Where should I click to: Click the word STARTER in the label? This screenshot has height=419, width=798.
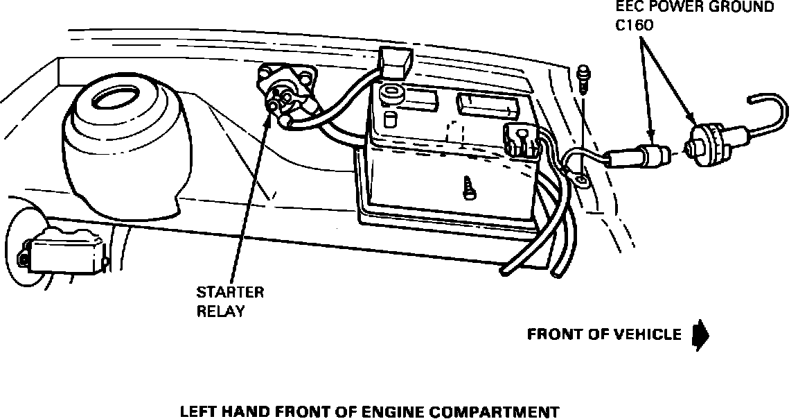(x=230, y=292)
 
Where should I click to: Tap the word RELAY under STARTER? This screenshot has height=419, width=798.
(x=221, y=311)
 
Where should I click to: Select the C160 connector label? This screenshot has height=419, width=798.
(x=635, y=26)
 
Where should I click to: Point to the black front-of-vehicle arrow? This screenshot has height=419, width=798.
(x=701, y=335)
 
